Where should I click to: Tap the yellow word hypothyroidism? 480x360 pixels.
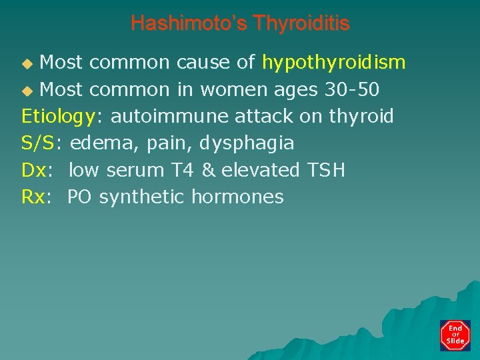[333, 63]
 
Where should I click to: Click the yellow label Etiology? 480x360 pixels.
[58, 117]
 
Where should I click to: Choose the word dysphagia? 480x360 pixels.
[247, 143]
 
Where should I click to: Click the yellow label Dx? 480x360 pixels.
[34, 170]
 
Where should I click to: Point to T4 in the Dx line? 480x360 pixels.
[180, 170]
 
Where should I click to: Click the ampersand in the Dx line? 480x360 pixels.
[208, 170]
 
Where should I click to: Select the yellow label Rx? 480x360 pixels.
[34, 197]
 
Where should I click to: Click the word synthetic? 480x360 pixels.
[143, 197]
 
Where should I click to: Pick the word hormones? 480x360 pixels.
[237, 197]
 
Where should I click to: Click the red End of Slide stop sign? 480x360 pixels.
[455, 335]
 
